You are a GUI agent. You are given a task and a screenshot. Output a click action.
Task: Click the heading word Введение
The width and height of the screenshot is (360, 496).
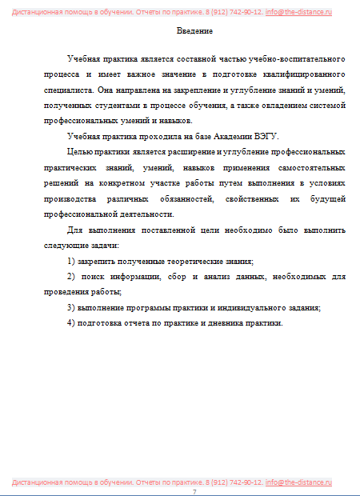coord(194,30)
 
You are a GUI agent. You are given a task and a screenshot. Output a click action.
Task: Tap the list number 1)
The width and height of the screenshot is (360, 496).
coord(72,262)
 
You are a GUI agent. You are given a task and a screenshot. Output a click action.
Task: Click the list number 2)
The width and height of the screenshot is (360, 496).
coord(72,277)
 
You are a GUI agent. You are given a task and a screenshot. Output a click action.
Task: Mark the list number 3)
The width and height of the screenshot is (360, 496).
coord(72,307)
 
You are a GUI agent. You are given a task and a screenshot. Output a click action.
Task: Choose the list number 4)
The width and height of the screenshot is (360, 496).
coord(72,322)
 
